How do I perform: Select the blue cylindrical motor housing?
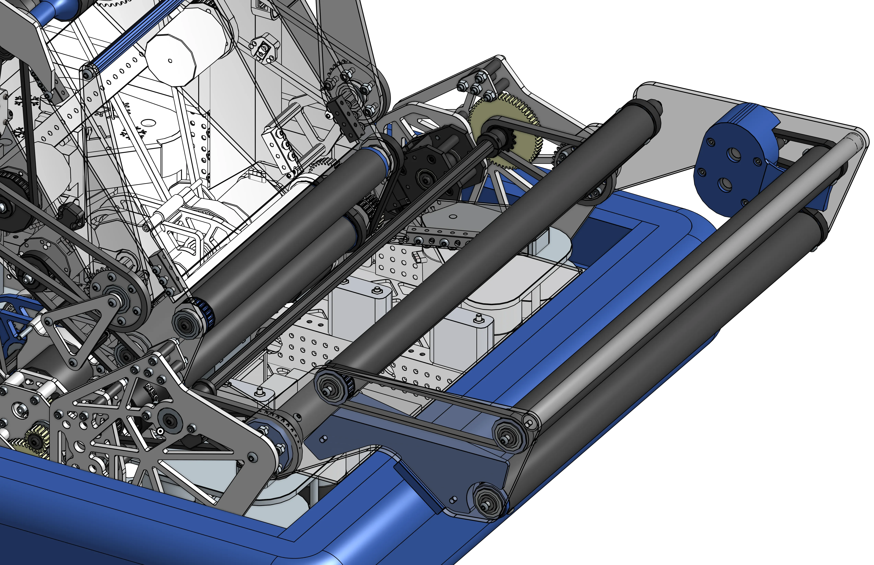click(730, 161)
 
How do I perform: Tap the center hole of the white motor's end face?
click(170, 61)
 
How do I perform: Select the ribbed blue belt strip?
click(121, 40)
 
